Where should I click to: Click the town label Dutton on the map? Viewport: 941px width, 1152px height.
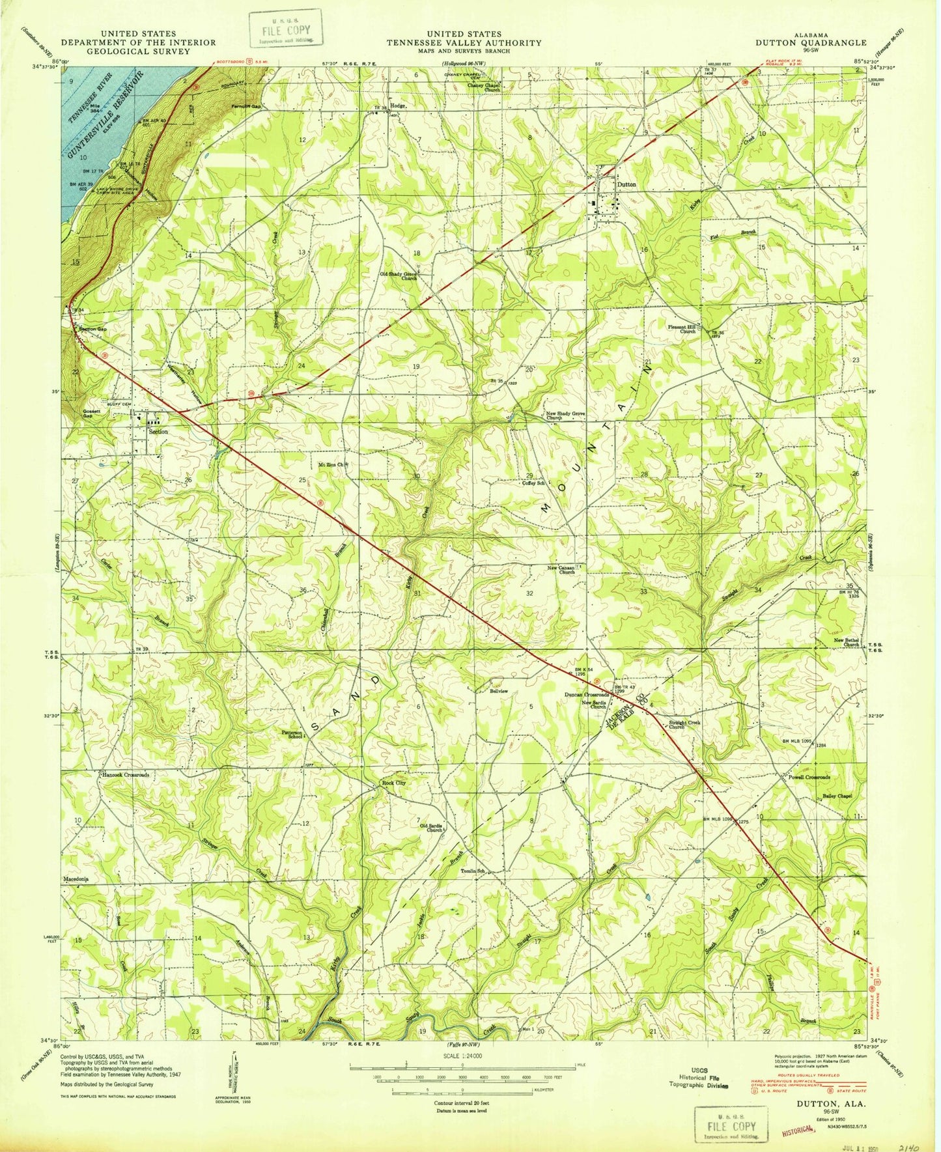(x=626, y=184)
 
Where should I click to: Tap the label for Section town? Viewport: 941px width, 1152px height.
(x=158, y=431)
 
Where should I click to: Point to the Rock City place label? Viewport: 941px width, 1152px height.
(x=394, y=783)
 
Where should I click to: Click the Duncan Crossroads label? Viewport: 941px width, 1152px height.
(x=586, y=695)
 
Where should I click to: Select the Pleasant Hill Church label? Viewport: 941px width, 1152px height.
(x=681, y=328)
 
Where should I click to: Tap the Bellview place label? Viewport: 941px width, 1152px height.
(x=498, y=691)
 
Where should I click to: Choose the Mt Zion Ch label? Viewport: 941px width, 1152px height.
(x=333, y=464)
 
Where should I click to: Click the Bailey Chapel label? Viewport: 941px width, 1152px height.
(x=837, y=796)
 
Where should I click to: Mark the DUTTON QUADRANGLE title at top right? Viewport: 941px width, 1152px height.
(x=810, y=42)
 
